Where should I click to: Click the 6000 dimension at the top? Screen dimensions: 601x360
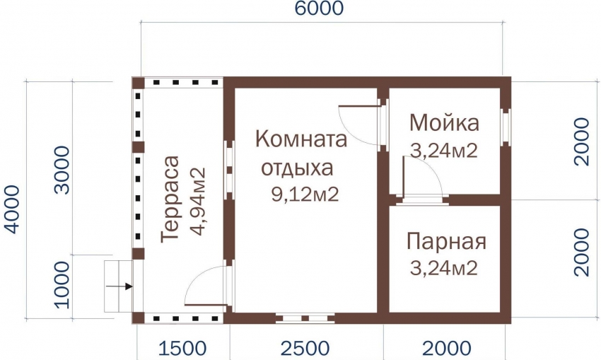coord(319,8)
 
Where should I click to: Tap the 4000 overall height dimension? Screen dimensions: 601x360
coord(11,209)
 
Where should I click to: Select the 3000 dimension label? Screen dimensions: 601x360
coord(62,170)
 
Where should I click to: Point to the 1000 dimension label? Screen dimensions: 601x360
coord(62,285)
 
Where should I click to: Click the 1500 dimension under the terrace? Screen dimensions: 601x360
coord(182,349)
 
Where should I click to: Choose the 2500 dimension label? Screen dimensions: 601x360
coord(305,349)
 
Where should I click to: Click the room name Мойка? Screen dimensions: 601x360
coord(444,122)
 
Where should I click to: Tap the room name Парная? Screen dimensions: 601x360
coord(446,242)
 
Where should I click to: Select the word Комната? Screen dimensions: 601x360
coord(301,139)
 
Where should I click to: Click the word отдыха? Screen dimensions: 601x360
coord(297,168)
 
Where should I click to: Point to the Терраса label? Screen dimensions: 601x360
coord(170,199)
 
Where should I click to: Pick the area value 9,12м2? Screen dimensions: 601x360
coord(305,194)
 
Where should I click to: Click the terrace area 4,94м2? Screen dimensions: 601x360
coord(198,202)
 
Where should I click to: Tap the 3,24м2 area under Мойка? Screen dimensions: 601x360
coord(444,151)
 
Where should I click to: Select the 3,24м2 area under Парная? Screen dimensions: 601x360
coord(444,267)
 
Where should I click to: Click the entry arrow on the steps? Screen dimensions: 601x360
coord(119,286)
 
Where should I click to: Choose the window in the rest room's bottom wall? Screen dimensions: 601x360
coord(305,318)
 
